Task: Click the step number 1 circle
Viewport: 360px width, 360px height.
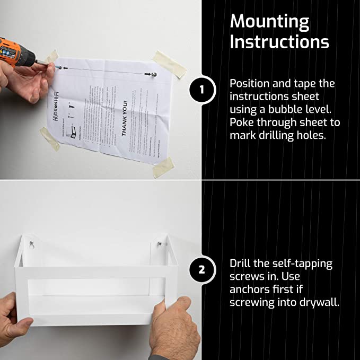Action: coord(202,90)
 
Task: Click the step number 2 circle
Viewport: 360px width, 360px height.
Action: coord(202,269)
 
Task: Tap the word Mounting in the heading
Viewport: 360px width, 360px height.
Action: coord(269,22)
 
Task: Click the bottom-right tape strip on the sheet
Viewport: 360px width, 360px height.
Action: coord(163,167)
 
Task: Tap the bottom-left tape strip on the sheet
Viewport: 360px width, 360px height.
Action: coord(49,138)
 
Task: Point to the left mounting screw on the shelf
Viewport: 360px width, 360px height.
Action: coord(32,244)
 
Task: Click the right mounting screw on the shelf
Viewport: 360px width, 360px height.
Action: coord(160,244)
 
